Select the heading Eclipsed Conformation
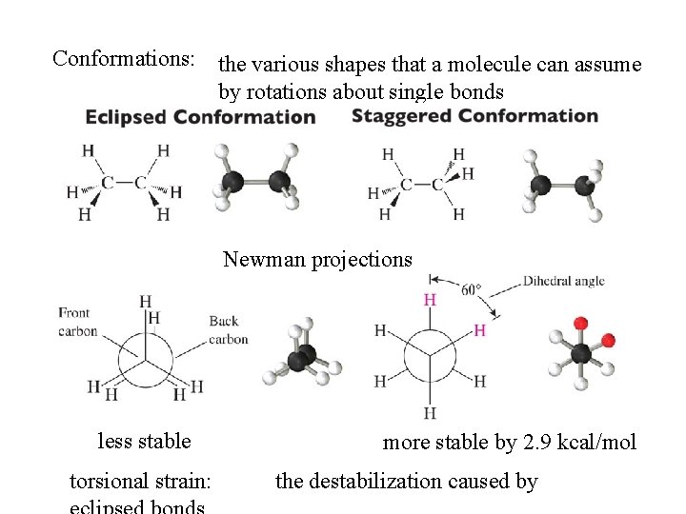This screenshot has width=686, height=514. click(x=200, y=117)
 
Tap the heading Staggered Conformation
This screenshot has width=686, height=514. click(x=474, y=116)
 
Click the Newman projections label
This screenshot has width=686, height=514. click(x=318, y=259)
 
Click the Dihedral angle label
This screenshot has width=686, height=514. click(x=563, y=282)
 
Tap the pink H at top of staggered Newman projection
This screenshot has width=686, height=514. click(x=430, y=300)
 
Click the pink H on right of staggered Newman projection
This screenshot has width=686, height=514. click(x=479, y=330)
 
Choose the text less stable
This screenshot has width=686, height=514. click(x=144, y=442)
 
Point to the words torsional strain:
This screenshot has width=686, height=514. click(x=141, y=482)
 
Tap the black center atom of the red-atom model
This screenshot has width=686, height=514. click(x=581, y=354)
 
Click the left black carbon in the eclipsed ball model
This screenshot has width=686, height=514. click(x=234, y=182)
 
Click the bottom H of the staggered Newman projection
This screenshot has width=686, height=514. click(x=430, y=413)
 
